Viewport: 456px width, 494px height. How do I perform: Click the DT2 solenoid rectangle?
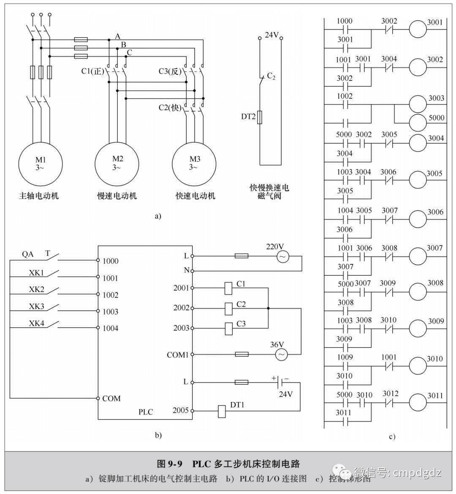click(x=260, y=117)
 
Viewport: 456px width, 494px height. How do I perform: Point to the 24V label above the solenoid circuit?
click(x=271, y=35)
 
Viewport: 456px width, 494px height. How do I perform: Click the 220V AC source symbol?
click(x=282, y=256)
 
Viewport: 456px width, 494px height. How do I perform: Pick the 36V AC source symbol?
click(x=281, y=355)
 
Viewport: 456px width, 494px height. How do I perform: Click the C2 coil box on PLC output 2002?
click(x=228, y=309)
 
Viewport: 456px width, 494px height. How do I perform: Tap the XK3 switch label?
click(x=36, y=306)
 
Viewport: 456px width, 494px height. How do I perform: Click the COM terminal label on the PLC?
click(x=111, y=398)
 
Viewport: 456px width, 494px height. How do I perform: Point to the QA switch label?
click(x=27, y=254)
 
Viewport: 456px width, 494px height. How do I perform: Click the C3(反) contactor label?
click(x=169, y=71)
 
